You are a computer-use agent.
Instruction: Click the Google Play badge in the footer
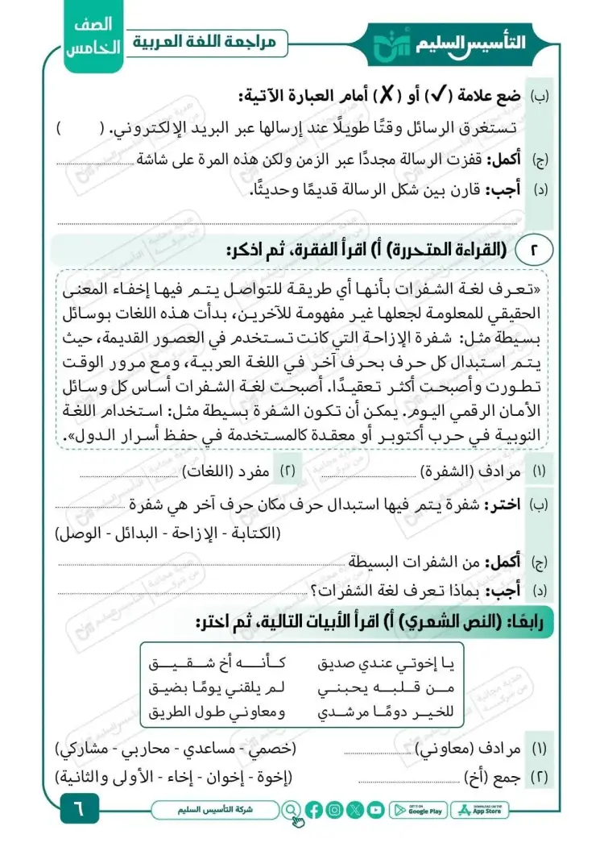[417, 809]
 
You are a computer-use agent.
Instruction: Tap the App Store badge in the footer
[480, 809]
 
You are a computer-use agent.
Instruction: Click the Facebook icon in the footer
[314, 809]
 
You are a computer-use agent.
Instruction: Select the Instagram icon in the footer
[335, 809]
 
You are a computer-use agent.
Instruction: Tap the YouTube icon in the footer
[376, 809]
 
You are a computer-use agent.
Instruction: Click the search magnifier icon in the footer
[291, 809]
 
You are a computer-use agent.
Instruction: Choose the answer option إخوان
[226, 777]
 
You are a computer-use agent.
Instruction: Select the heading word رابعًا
[524, 622]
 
